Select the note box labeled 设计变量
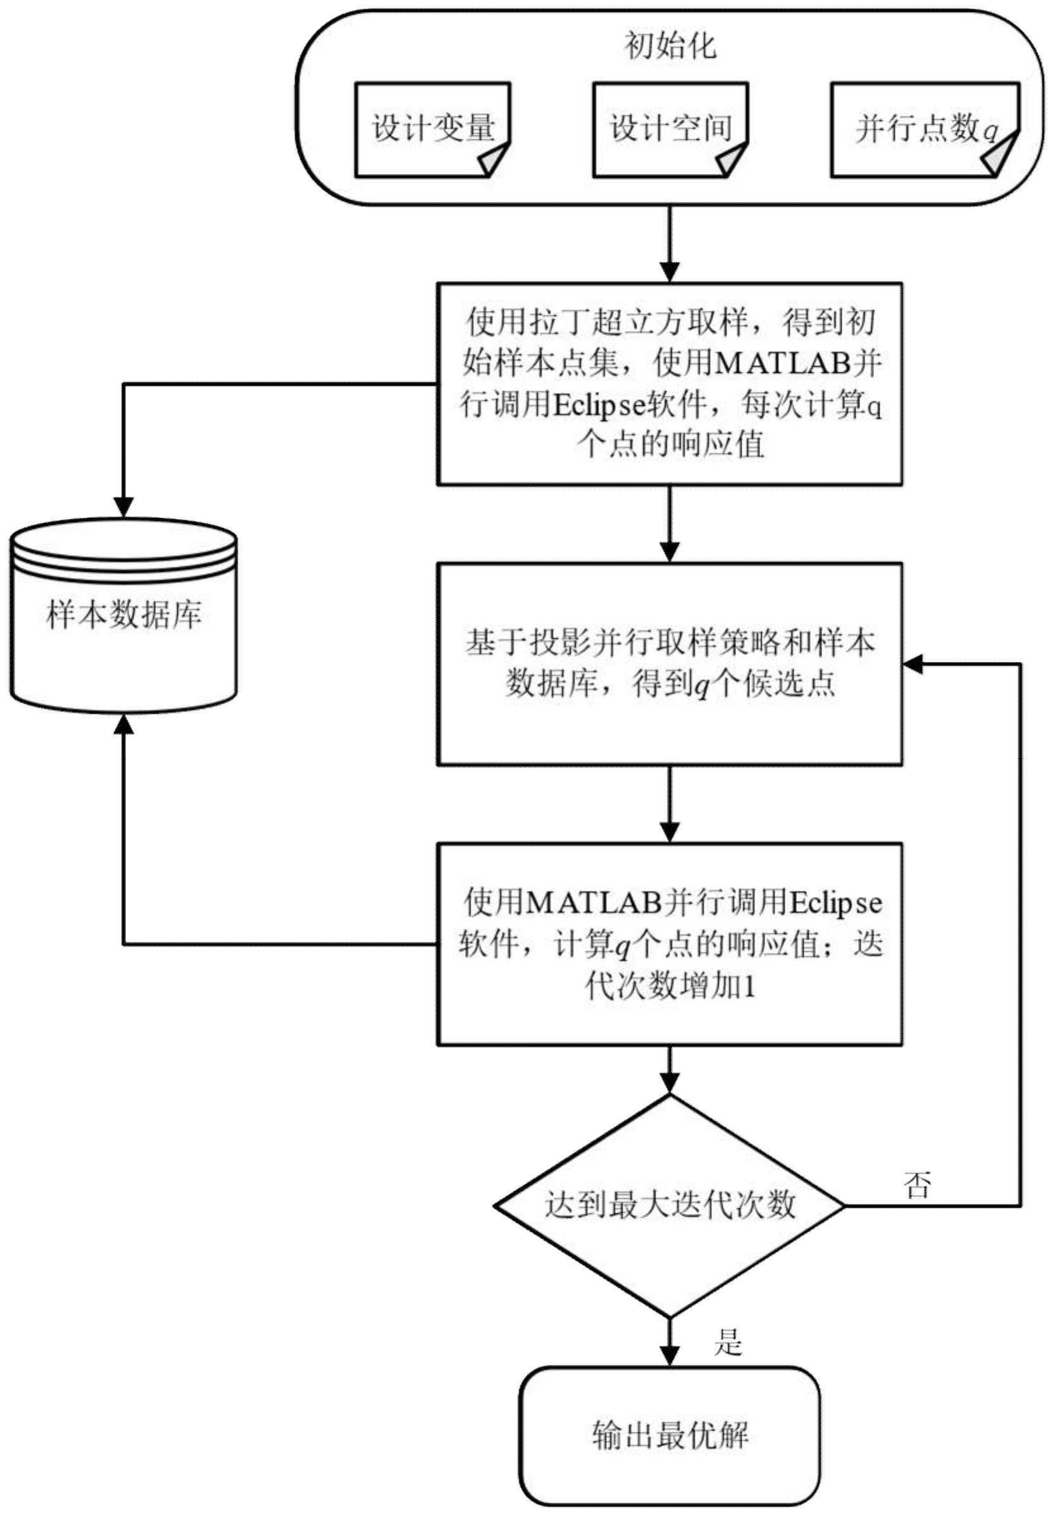[432, 128]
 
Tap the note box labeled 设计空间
[670, 128]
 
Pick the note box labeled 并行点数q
[924, 128]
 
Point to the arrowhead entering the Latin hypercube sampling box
[670, 272]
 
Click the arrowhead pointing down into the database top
[123, 507]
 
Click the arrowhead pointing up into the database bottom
[123, 724]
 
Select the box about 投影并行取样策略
[670, 663]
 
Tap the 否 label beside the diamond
[916, 1185]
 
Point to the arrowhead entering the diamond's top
[670, 1082]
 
